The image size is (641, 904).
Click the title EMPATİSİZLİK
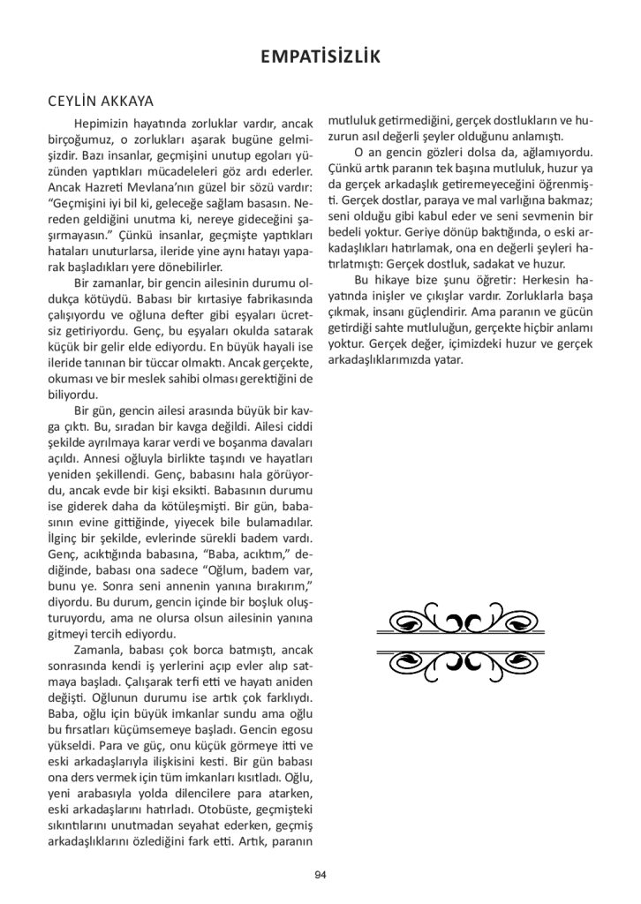(320, 57)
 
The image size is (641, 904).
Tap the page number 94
(320, 874)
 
